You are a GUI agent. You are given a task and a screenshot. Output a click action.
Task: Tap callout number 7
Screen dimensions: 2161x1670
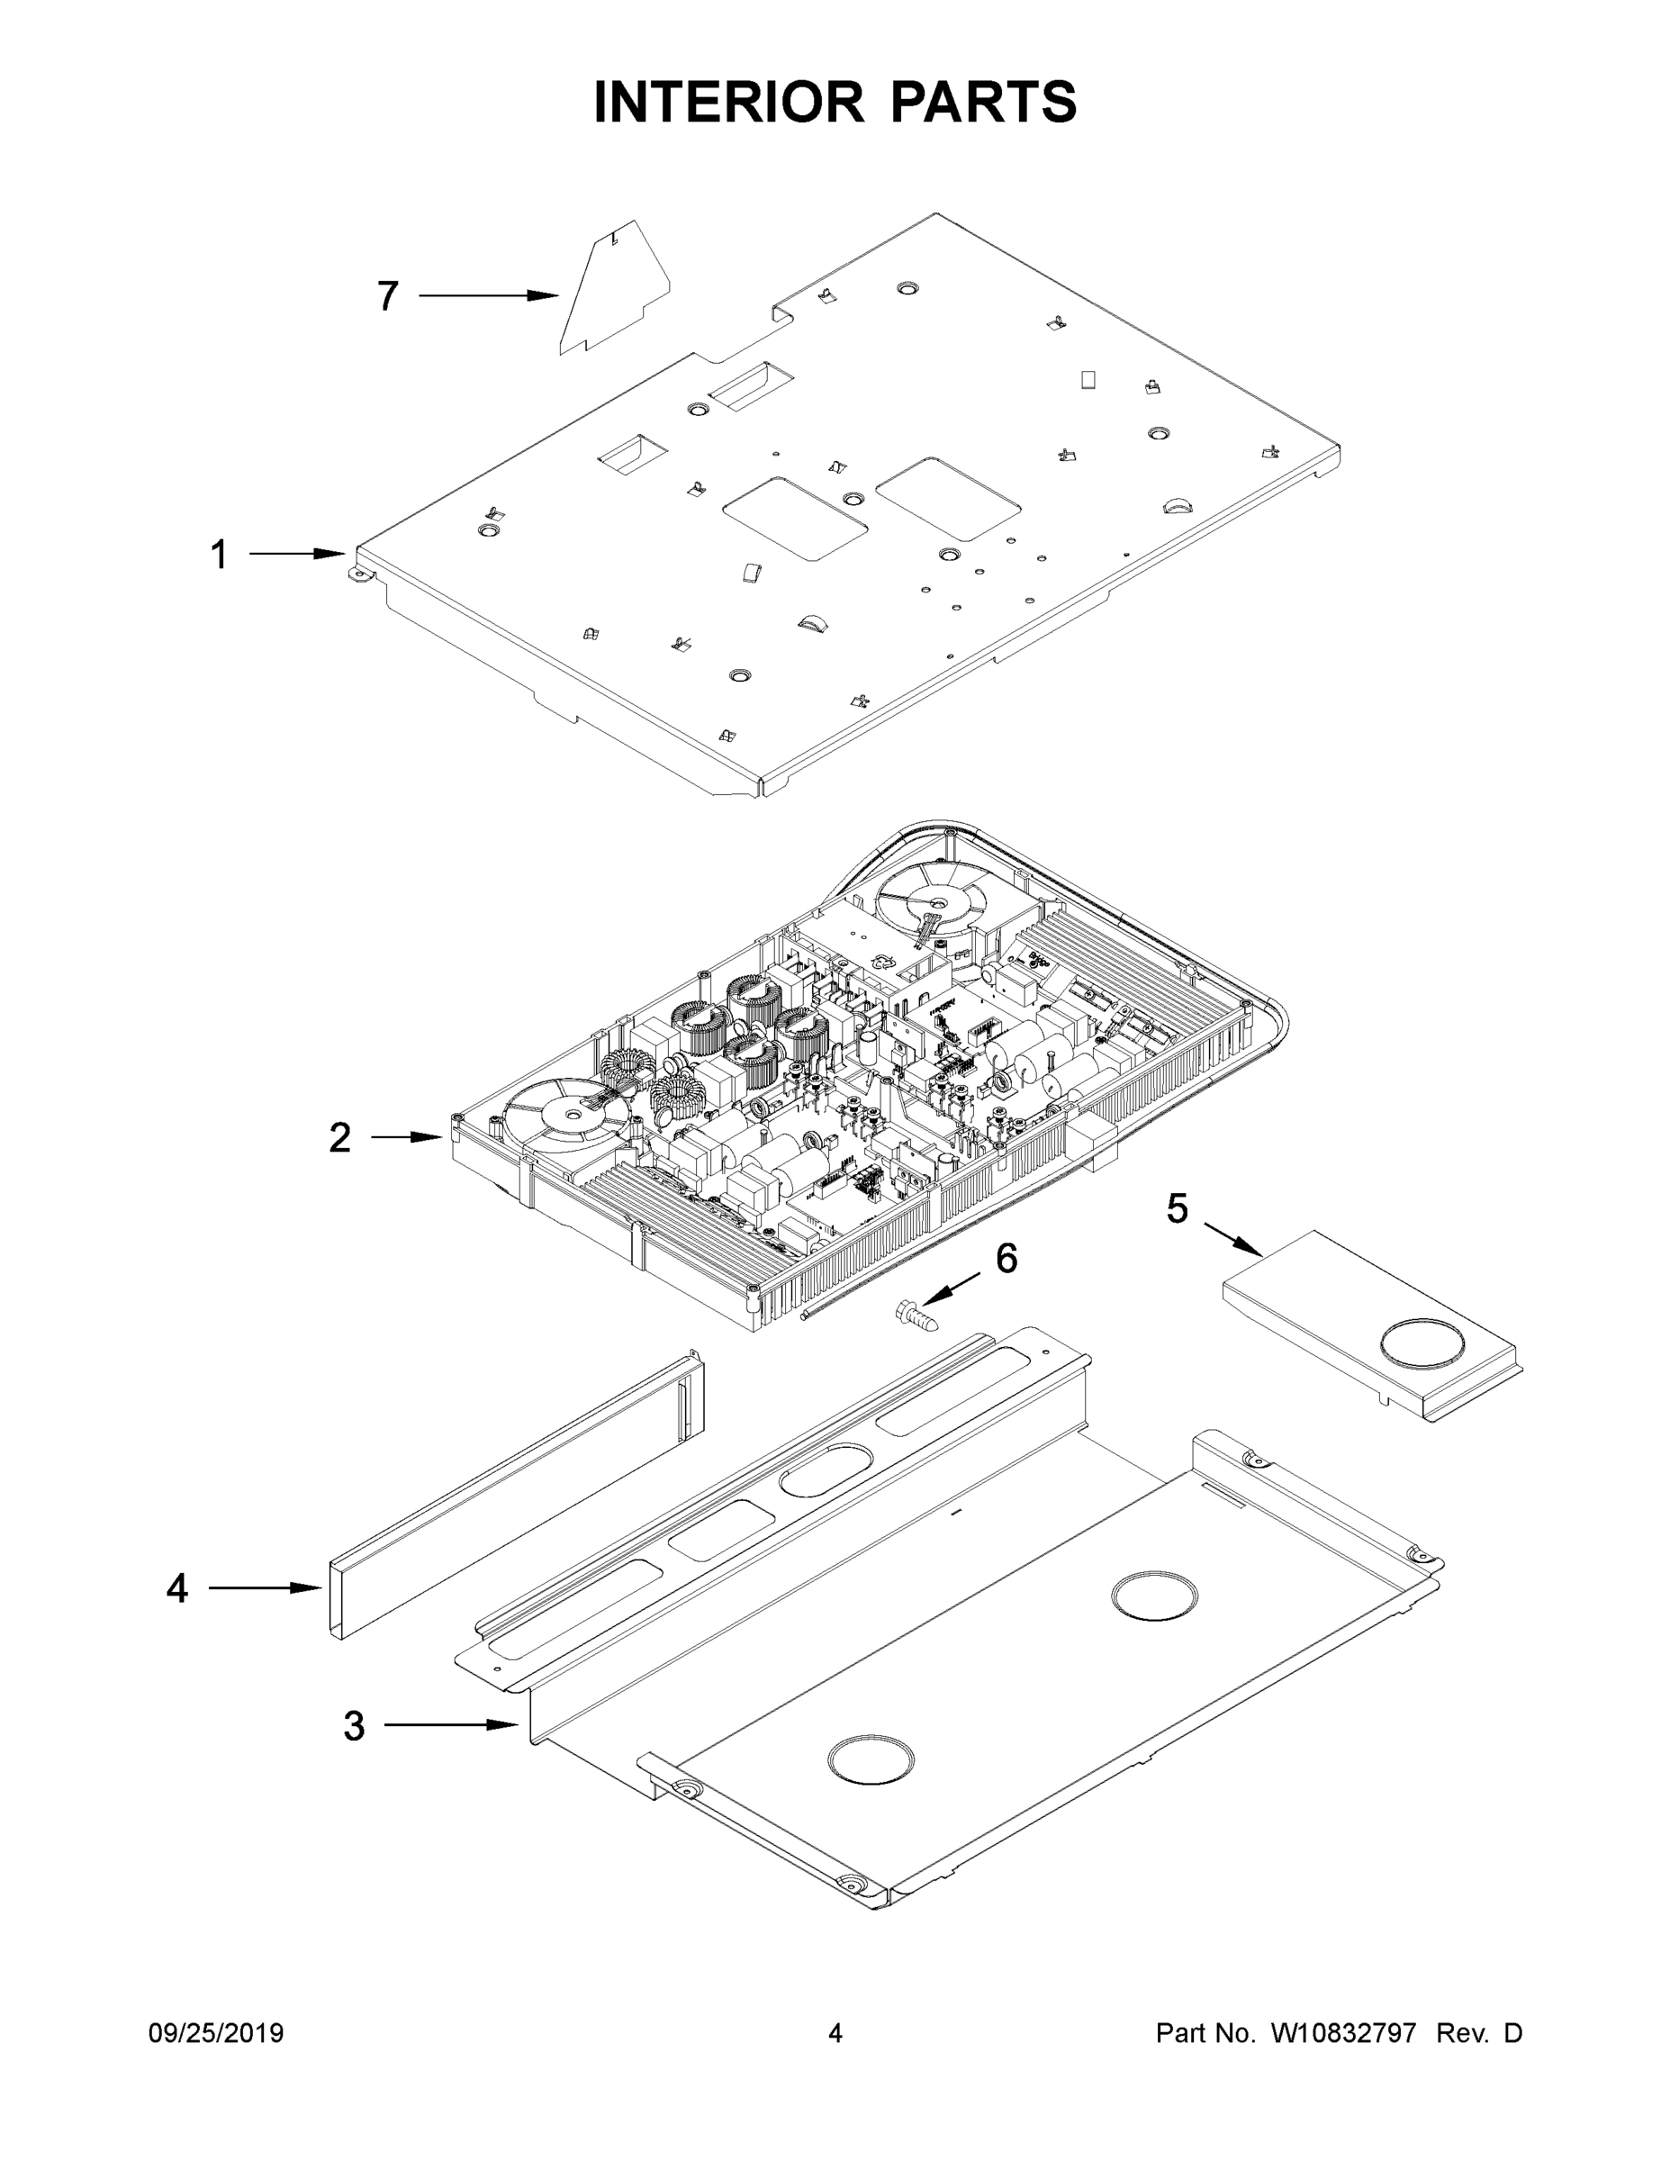tap(388, 296)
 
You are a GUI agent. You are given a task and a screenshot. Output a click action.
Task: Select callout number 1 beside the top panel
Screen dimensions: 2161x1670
tap(219, 554)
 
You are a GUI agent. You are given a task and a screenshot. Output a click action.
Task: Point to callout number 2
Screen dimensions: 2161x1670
tap(339, 1138)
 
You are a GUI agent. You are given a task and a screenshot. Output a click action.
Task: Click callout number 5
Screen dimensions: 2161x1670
tap(1177, 1208)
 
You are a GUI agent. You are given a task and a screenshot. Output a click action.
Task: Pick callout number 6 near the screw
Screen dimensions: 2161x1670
tap(1007, 1259)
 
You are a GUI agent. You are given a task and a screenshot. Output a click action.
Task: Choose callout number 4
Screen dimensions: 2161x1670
tap(177, 1588)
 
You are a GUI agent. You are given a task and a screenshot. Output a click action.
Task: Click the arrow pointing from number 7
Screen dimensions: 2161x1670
tap(489, 296)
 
